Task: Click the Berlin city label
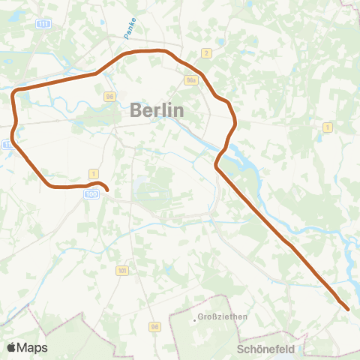click(x=157, y=109)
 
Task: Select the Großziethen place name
click(x=223, y=317)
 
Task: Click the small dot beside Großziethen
click(x=194, y=319)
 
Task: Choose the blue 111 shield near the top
click(x=45, y=25)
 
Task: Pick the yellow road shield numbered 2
click(x=206, y=53)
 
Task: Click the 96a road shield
click(x=190, y=77)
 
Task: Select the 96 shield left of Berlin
click(x=110, y=96)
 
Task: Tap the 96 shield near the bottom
click(x=154, y=326)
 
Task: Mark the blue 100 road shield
click(x=91, y=194)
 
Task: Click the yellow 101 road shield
click(x=121, y=269)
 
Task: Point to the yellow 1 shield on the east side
click(x=327, y=127)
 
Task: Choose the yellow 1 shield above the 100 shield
click(x=93, y=173)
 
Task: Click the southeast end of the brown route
click(x=347, y=308)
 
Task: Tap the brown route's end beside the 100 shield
click(x=106, y=190)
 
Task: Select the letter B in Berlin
click(x=136, y=109)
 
